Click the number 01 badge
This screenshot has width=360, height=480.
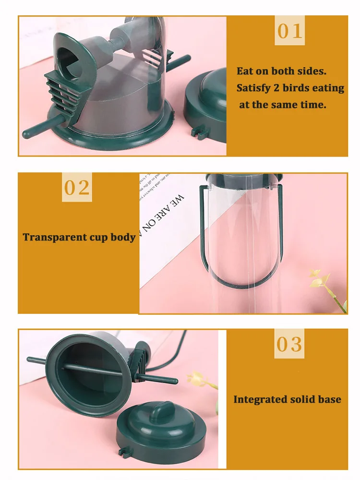290,31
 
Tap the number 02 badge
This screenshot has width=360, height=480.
77,188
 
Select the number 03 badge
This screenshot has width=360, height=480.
289,344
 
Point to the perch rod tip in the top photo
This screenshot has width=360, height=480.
26,132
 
